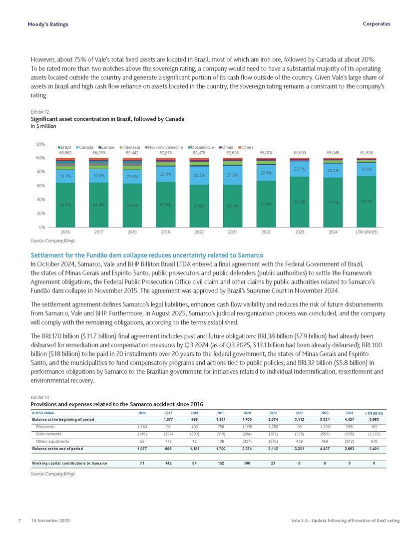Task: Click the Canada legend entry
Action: (85, 148)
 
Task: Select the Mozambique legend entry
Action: (201, 148)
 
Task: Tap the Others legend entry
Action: (247, 148)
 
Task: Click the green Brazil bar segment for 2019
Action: (165, 205)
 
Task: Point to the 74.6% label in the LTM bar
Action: (366, 202)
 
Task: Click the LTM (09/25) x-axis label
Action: (366, 233)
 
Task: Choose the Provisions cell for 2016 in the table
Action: (141, 427)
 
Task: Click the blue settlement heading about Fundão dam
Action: (147, 256)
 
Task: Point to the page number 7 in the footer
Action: (18, 521)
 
